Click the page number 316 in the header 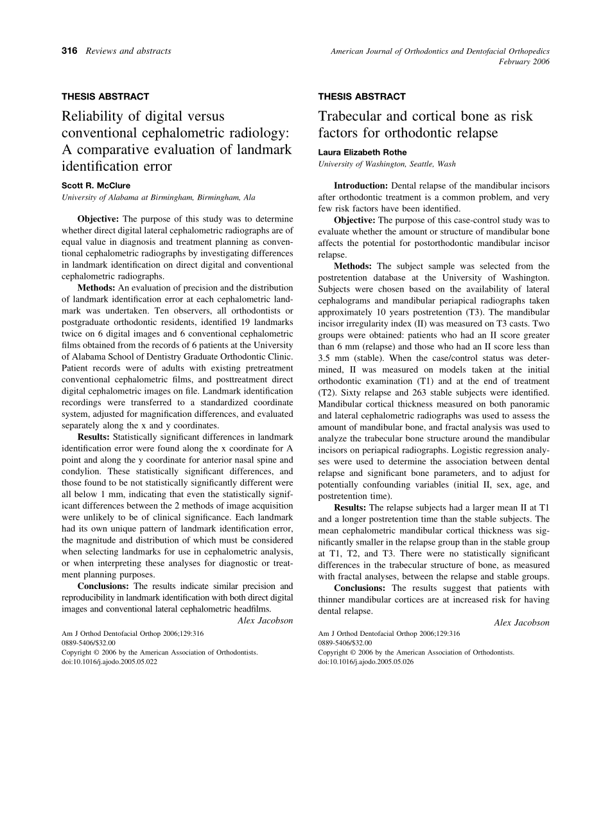coord(69,51)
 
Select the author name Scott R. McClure coord(96,186)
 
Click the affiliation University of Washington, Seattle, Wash coord(387,164)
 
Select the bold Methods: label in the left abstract coord(96,288)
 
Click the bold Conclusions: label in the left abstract coord(104,586)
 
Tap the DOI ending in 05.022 coord(109,661)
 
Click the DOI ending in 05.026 coord(366,661)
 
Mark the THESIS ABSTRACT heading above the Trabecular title coord(362,96)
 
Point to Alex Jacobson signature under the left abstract coord(265,620)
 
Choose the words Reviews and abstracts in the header coord(128,51)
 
